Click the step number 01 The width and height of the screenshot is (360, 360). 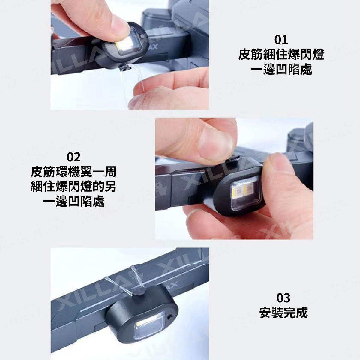coord(281,40)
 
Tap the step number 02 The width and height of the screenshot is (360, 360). coord(74,157)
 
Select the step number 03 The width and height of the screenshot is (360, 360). coord(283,298)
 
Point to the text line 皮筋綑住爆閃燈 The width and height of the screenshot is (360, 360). coord(281,54)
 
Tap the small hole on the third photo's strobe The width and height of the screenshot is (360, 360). coord(170,318)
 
